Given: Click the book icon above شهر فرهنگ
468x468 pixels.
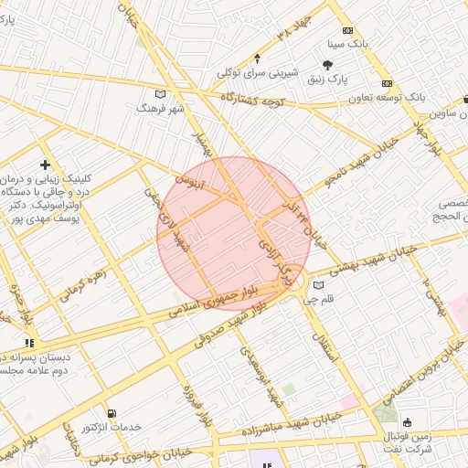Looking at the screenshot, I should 161,93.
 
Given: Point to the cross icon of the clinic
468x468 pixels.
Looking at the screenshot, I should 45,165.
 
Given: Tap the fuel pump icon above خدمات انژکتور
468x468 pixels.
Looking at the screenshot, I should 112,413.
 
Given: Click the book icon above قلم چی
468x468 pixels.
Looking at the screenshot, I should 318,284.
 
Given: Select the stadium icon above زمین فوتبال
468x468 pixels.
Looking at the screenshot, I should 407,422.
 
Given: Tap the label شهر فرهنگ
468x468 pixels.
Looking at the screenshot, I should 160,108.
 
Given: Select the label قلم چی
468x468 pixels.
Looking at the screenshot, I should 319,299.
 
